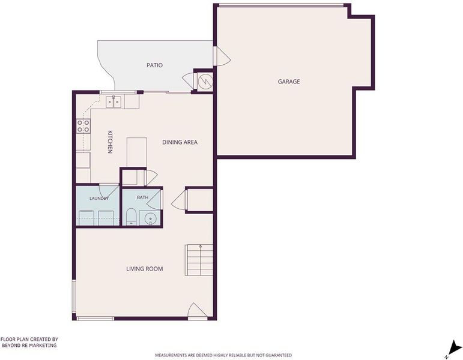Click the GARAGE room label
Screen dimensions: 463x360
click(288, 82)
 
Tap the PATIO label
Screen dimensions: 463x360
click(154, 65)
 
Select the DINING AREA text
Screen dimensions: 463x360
click(180, 142)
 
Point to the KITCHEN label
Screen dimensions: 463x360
click(110, 142)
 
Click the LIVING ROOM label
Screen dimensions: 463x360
click(144, 269)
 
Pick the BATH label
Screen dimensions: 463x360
click(142, 197)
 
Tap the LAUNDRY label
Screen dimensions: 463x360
click(99, 198)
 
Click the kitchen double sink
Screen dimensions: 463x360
click(113, 102)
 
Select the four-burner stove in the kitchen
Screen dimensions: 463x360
click(83, 126)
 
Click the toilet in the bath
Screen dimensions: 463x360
click(131, 217)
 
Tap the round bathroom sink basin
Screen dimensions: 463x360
click(150, 218)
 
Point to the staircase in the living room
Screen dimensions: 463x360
click(199, 260)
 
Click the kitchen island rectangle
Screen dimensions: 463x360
click(137, 152)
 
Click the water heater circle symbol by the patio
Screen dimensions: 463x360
click(205, 81)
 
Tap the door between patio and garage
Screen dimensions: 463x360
click(222, 56)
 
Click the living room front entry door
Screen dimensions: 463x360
click(197, 311)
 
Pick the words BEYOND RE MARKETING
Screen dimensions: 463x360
click(29, 345)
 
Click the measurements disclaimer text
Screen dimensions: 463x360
click(223, 355)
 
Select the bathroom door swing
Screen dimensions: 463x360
click(154, 199)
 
